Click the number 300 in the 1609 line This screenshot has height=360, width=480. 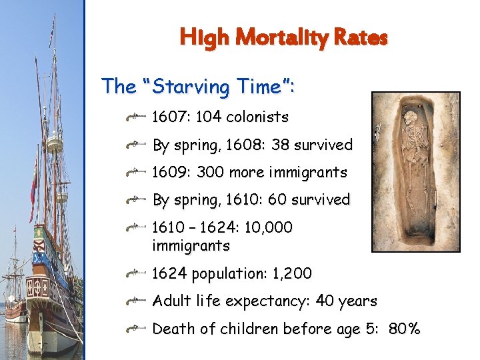click(210, 172)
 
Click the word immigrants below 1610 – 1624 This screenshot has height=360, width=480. click(191, 246)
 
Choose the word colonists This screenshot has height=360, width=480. click(257, 117)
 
